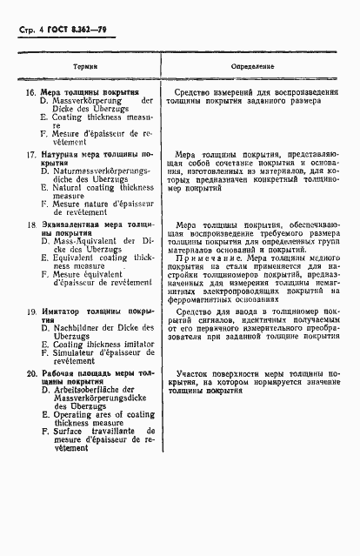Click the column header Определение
(253, 66)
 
